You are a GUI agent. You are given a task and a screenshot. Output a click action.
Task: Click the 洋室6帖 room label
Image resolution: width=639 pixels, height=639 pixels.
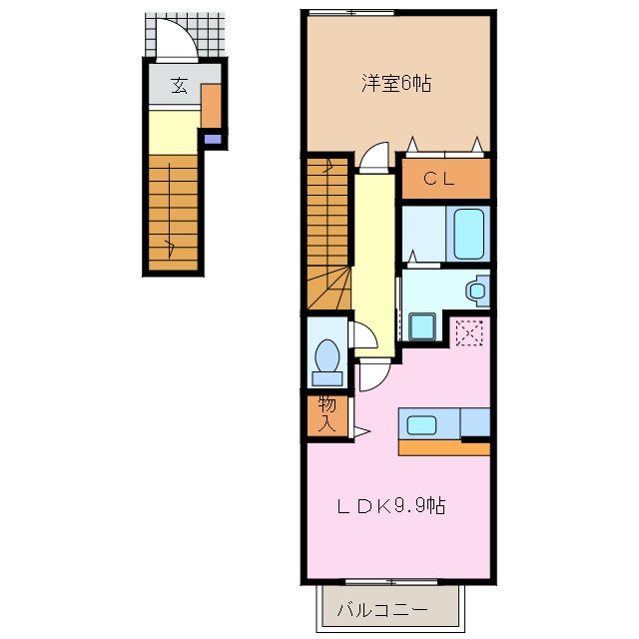click(395, 85)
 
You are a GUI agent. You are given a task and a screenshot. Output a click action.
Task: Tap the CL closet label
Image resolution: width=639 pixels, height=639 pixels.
click(439, 180)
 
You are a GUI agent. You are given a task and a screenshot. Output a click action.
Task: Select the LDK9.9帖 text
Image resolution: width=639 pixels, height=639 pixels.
click(389, 506)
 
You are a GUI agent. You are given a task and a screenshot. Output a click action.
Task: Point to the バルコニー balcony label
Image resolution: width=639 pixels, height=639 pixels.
click(381, 608)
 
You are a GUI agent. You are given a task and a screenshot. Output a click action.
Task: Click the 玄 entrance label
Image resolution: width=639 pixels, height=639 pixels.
click(179, 86)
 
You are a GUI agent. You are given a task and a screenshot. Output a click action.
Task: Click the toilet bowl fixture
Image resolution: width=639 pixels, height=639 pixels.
click(325, 358)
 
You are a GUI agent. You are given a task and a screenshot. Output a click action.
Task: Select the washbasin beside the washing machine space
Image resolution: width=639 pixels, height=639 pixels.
click(477, 291)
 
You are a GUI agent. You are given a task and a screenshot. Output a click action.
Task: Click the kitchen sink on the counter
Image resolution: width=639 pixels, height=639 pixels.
click(420, 424)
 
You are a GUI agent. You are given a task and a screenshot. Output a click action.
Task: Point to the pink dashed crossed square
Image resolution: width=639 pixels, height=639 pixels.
click(467, 332)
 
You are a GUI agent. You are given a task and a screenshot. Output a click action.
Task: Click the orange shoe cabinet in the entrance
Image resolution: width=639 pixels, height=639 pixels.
click(211, 107)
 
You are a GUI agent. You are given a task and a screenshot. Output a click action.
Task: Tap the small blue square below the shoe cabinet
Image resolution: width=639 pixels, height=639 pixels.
click(211, 140)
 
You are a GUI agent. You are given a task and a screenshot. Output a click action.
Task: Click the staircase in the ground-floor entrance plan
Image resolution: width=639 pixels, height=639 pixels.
click(174, 212)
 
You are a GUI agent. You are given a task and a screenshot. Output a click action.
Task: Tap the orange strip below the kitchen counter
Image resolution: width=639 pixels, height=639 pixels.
click(443, 448)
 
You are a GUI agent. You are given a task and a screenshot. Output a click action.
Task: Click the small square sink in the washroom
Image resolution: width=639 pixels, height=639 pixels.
click(420, 325)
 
